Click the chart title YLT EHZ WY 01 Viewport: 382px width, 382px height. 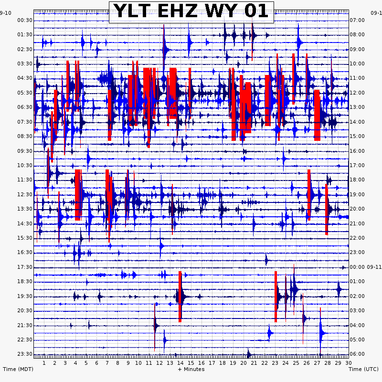pos(191,11)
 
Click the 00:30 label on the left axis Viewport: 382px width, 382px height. pos(25,20)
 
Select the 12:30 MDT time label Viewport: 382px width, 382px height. pos(25,194)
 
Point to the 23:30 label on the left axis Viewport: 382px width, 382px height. pos(25,354)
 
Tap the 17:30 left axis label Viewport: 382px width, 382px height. pos(25,267)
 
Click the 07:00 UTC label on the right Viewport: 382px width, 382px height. pos(358,20)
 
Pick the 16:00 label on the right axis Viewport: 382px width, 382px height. pos(358,151)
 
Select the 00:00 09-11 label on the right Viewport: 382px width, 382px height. pos(365,267)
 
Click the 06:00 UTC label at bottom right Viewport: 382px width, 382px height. pos(358,354)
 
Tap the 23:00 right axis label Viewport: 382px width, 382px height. pos(358,252)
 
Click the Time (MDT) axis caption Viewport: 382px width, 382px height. pos(18,369)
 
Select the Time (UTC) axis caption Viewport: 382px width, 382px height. pos(364,369)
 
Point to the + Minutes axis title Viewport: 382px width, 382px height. pos(191,369)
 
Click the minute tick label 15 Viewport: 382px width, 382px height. pos(191,363)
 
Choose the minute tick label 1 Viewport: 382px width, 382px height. pos(44,363)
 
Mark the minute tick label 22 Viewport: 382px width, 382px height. pos(265,363)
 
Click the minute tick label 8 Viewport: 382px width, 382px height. pos(117,363)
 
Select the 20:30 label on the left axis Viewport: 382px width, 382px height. pos(25,310)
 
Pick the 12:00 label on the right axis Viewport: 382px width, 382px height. pos(358,93)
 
